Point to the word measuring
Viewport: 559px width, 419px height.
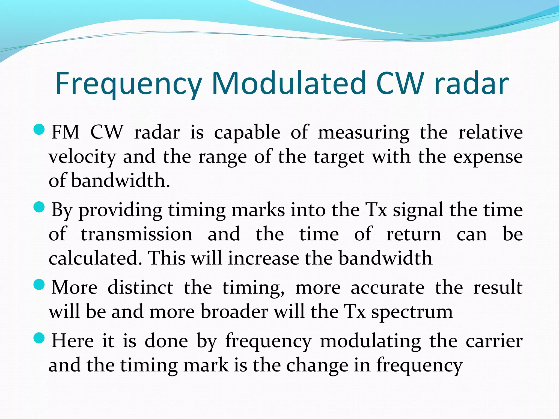(364, 133)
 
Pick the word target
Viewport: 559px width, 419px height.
(339, 157)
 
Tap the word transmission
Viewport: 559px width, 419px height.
(137, 234)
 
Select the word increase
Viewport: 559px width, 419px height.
(263, 258)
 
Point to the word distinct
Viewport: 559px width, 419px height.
(140, 288)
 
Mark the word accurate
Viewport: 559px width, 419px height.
(388, 288)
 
